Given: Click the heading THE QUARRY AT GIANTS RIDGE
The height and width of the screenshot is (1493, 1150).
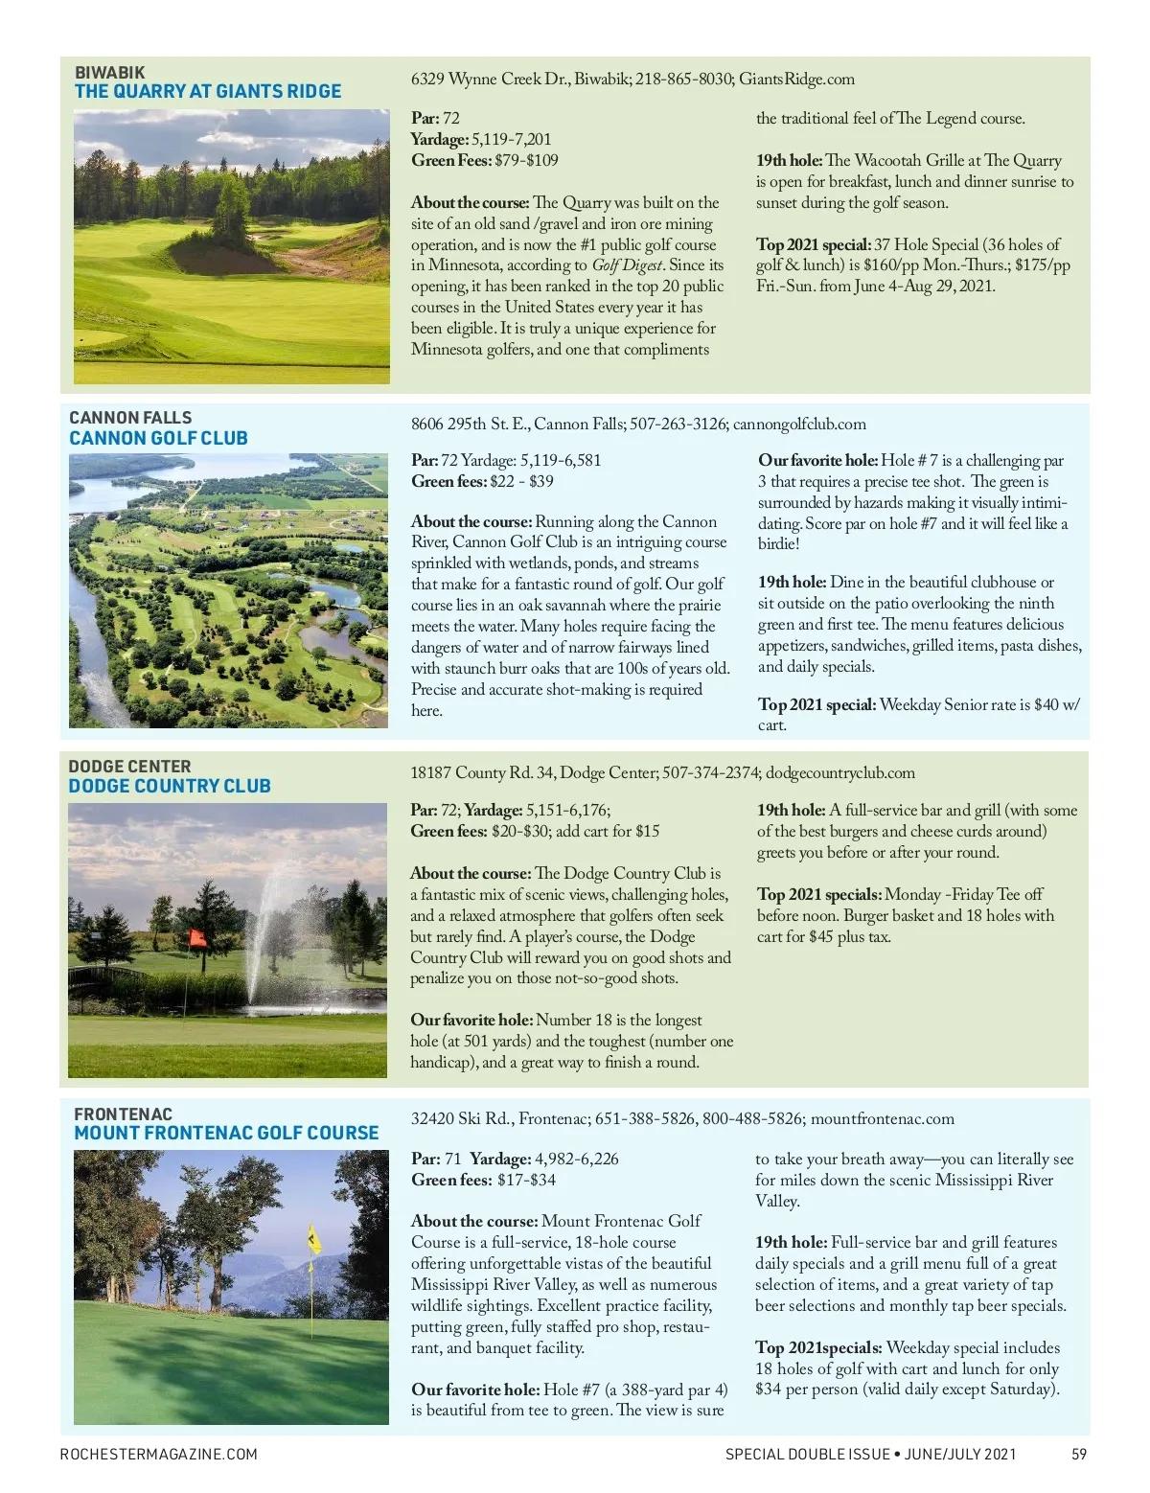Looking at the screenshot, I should (208, 92).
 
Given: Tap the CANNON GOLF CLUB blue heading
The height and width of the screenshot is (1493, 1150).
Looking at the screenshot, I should (158, 439).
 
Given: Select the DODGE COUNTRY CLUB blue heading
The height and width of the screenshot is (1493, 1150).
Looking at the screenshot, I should (170, 787).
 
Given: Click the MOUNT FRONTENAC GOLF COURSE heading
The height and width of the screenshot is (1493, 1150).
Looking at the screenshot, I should (226, 1134).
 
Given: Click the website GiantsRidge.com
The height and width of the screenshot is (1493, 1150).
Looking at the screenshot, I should (797, 80).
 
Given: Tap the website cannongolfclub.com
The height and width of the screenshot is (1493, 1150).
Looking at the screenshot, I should (798, 425).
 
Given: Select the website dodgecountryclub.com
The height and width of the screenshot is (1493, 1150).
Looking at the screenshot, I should (840, 773).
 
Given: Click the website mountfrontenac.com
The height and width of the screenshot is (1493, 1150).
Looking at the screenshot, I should (882, 1119).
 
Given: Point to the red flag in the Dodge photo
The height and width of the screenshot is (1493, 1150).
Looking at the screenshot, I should (197, 939).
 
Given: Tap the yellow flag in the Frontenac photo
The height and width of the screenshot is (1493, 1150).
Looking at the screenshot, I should (312, 1238).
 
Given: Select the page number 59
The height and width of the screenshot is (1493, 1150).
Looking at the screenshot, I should (1079, 1454).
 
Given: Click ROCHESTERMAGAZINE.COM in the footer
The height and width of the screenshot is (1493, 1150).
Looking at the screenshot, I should (159, 1454).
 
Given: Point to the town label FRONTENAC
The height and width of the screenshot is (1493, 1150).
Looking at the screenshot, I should (123, 1114).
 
